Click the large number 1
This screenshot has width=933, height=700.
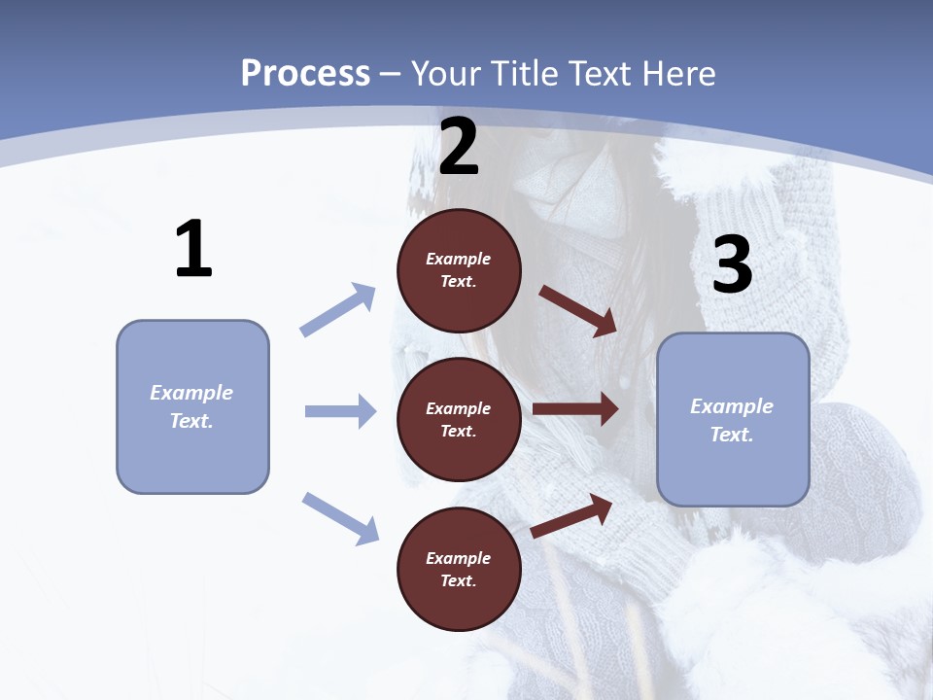[x=193, y=250]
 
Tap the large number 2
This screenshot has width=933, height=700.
[x=459, y=147]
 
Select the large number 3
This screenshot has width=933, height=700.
[x=732, y=264]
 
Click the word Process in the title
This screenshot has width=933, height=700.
[x=305, y=73]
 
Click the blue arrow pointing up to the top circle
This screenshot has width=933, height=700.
[x=337, y=310]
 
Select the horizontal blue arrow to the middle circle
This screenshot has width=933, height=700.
[x=340, y=411]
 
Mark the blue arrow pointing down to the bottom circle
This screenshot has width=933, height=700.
[x=340, y=517]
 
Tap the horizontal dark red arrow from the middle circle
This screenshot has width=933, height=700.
[x=575, y=409]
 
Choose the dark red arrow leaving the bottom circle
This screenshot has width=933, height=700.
[x=571, y=515]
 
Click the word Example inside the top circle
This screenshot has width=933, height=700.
[x=459, y=259]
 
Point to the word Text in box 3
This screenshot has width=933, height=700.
[x=732, y=435]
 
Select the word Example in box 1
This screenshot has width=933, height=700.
[x=191, y=393]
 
